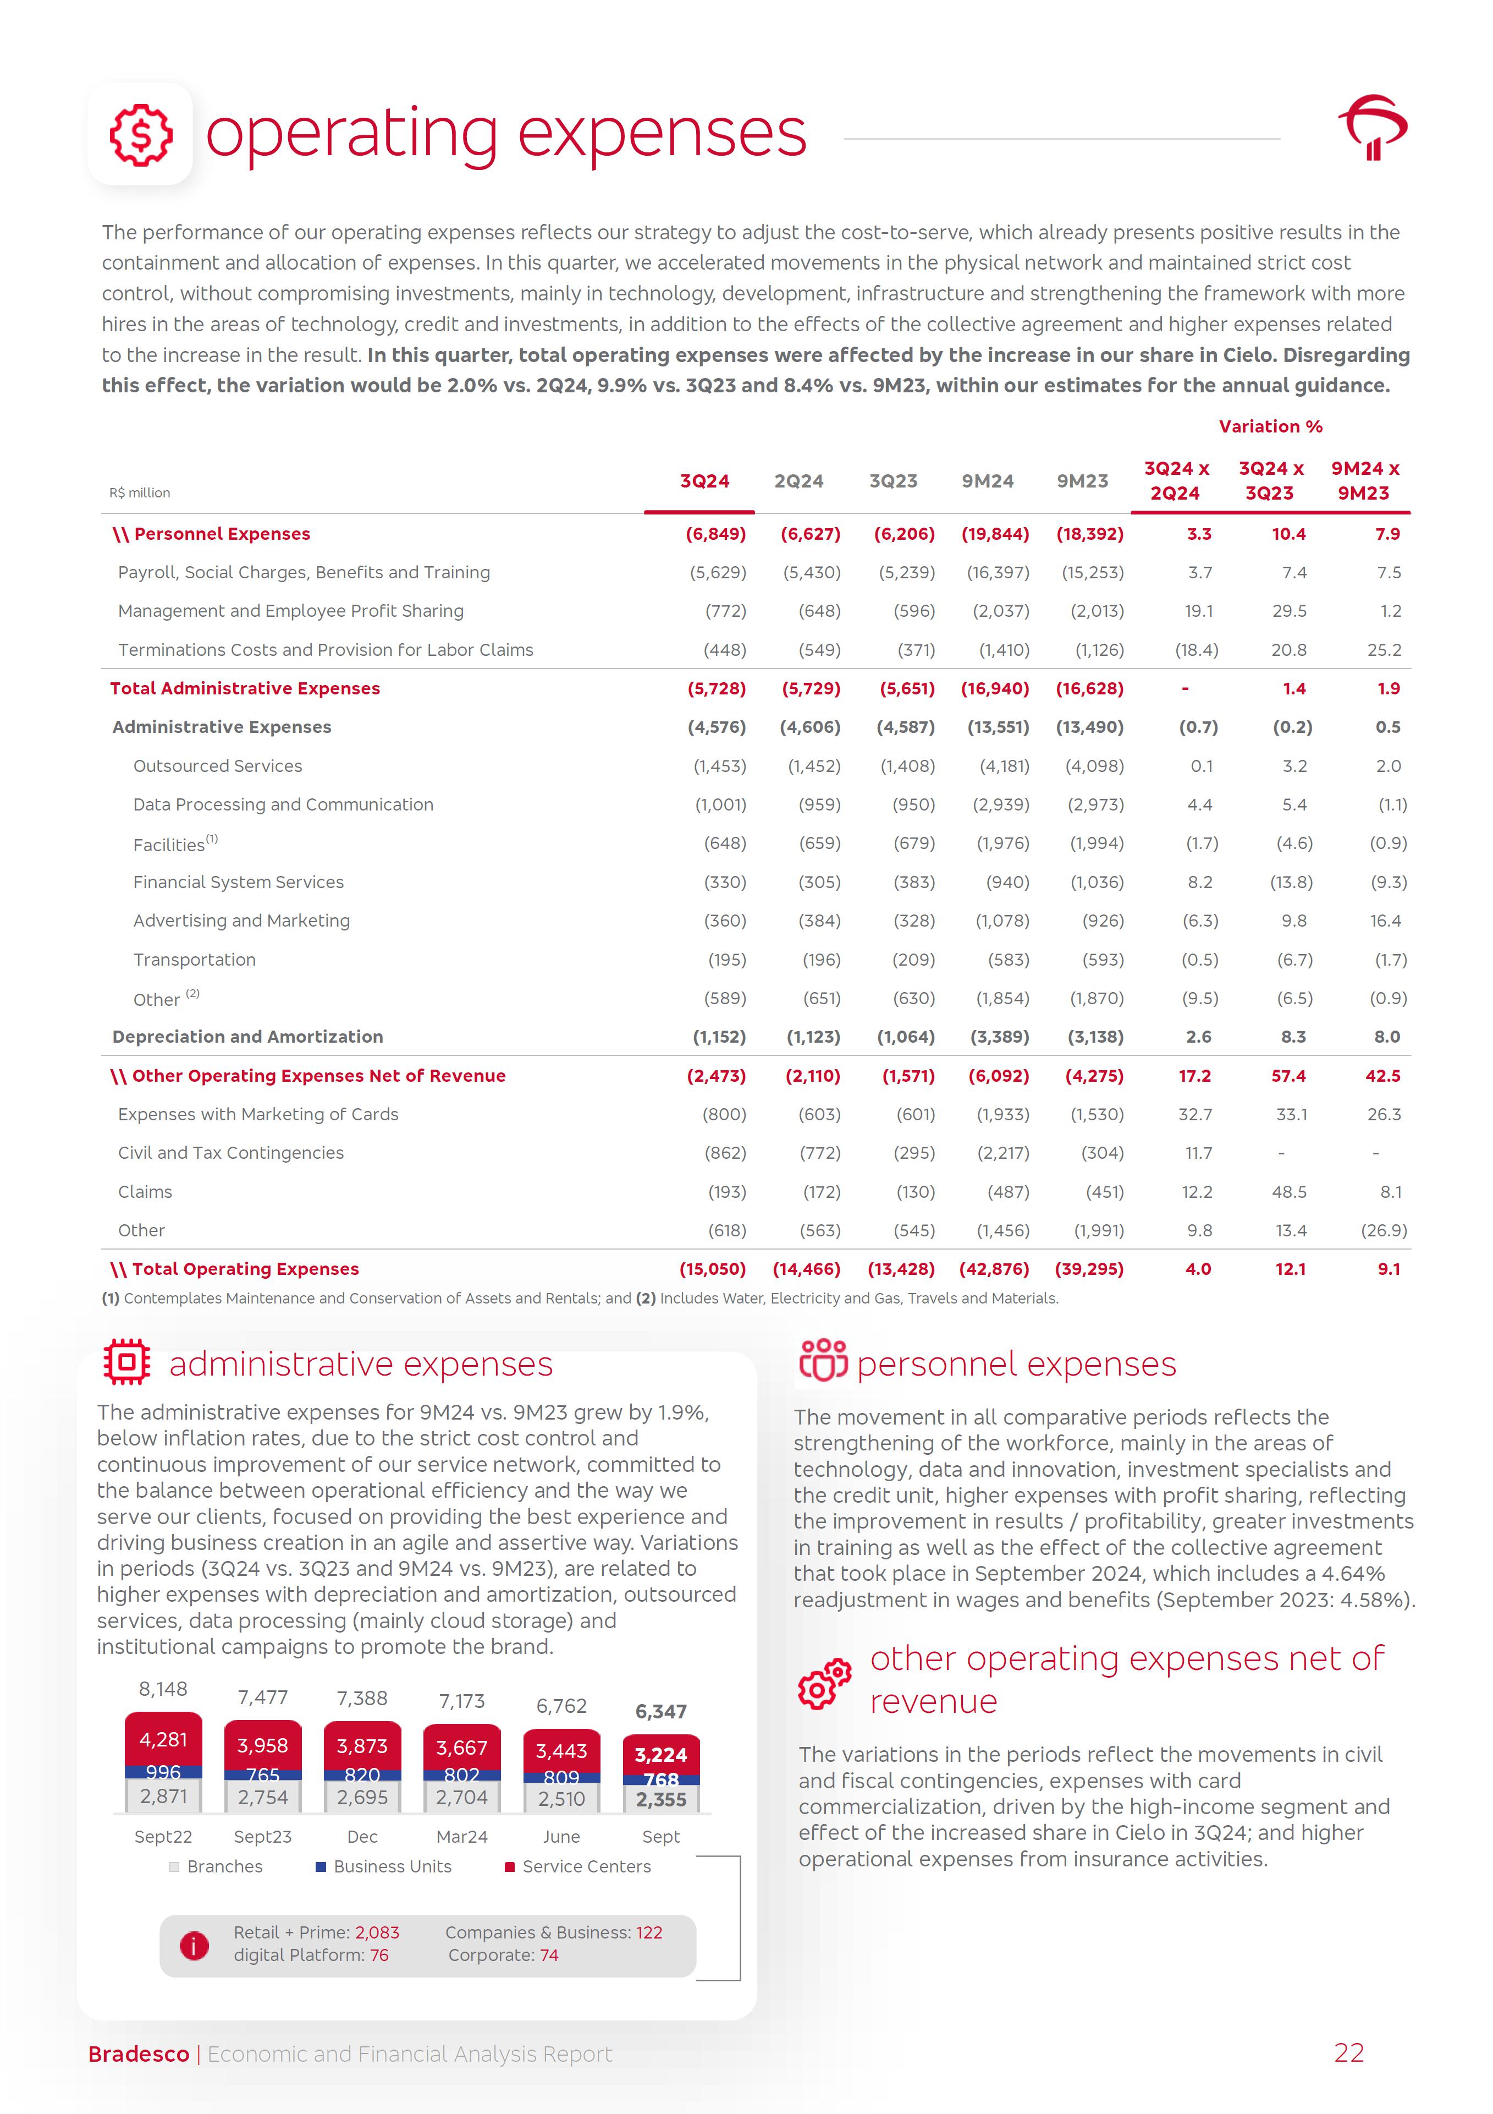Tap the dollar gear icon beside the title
click(141, 134)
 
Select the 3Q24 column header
click(704, 481)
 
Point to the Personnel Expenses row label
click(221, 534)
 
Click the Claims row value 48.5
click(1288, 1191)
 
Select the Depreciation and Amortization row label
click(247, 1037)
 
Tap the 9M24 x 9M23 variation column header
click(1364, 480)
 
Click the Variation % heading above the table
click(1270, 426)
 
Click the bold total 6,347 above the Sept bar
click(661, 1712)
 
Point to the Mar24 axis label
click(462, 1837)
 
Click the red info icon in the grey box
click(194, 1946)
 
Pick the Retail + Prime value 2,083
click(377, 1932)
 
